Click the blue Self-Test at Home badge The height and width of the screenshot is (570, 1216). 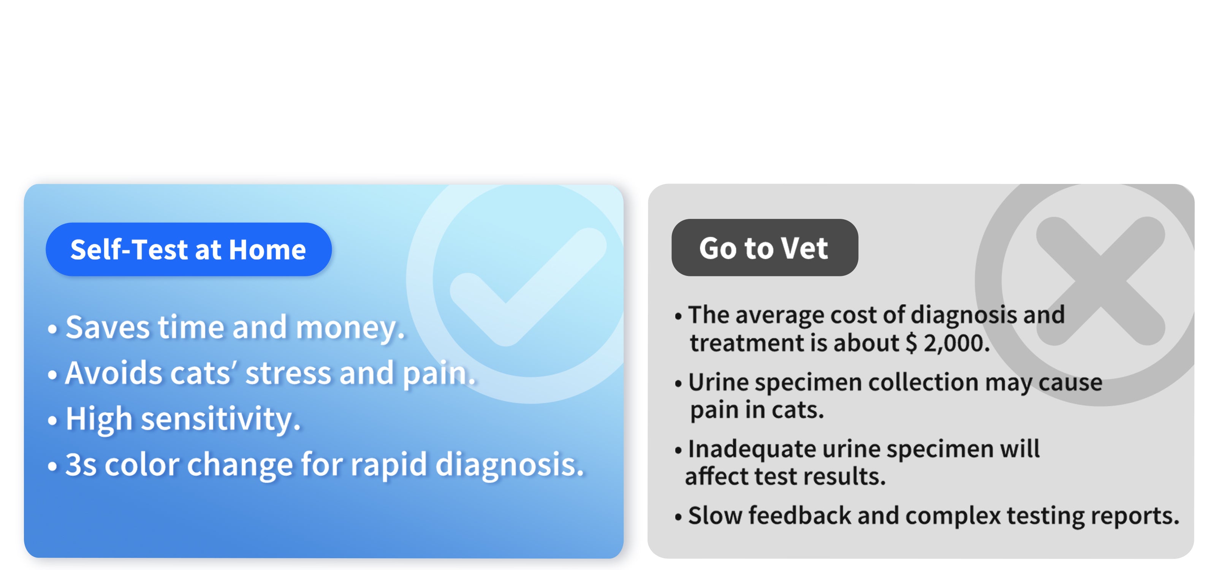[x=188, y=250]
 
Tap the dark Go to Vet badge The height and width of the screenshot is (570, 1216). [x=764, y=248]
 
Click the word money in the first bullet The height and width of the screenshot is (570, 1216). [x=349, y=328]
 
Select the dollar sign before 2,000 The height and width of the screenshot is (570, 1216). [x=912, y=343]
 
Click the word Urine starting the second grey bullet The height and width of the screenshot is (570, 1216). [x=718, y=382]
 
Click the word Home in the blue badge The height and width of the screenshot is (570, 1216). [x=267, y=250]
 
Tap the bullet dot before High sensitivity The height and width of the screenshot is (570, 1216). [x=52, y=420]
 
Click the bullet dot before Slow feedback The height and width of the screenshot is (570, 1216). [x=678, y=517]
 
